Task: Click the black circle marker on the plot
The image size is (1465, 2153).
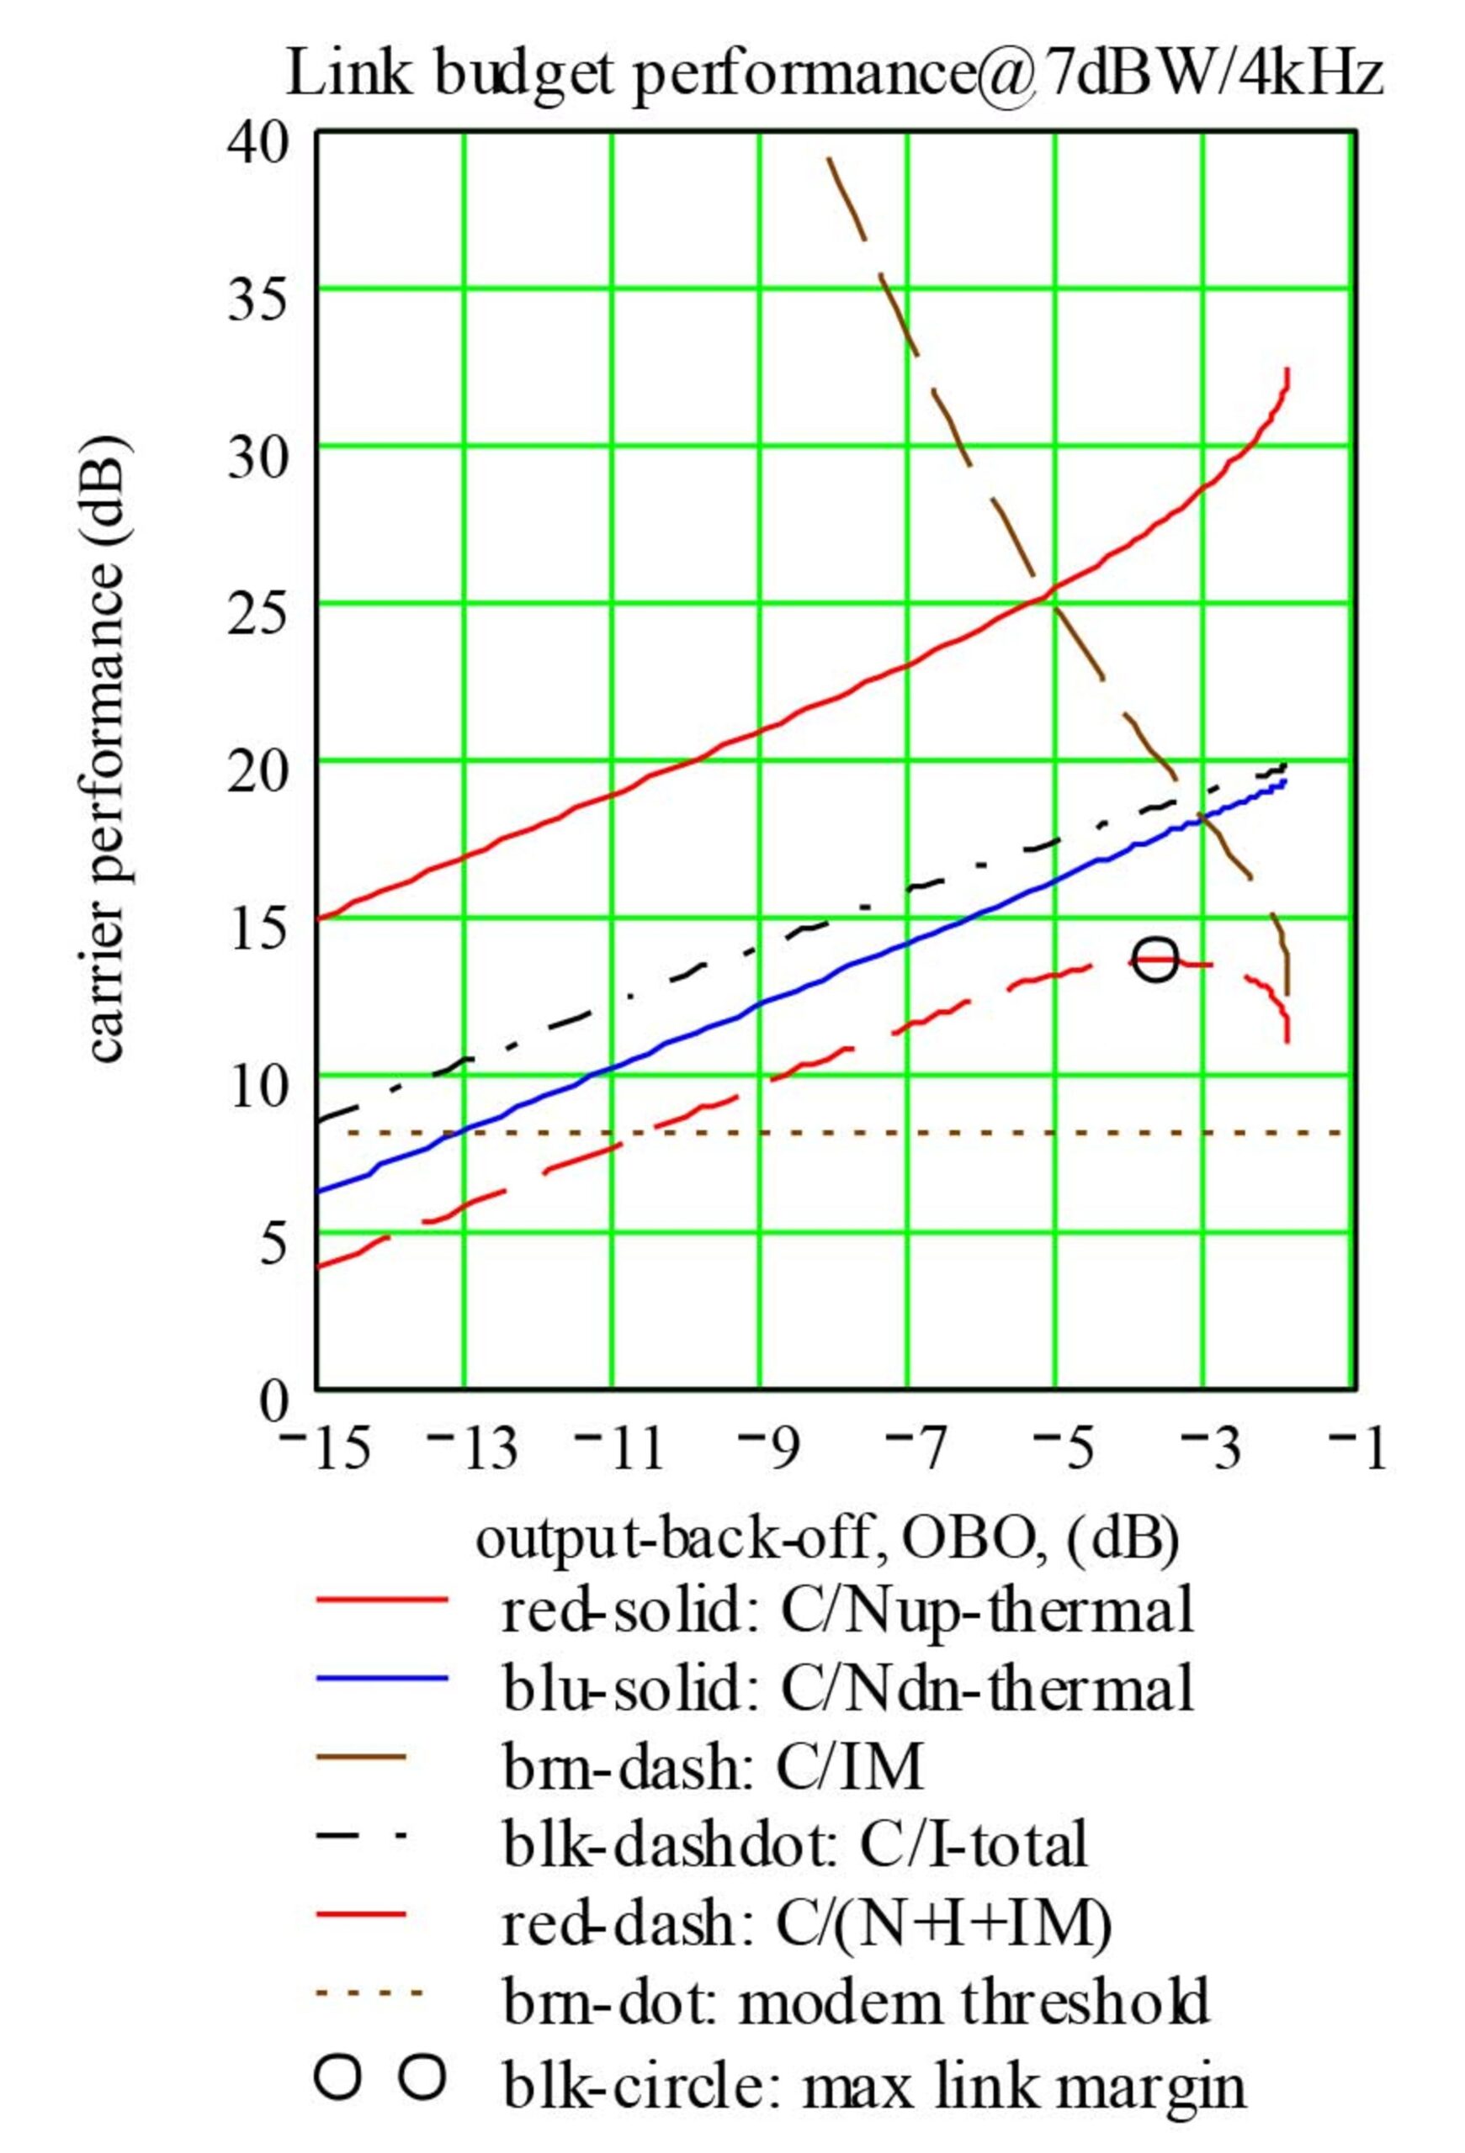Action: tap(1156, 960)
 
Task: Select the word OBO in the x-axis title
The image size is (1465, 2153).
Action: tap(973, 1542)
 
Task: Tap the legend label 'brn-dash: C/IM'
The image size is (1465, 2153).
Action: tap(713, 1768)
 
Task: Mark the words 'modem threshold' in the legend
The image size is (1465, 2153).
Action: tap(973, 2004)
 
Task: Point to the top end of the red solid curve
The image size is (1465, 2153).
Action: tap(1288, 371)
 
